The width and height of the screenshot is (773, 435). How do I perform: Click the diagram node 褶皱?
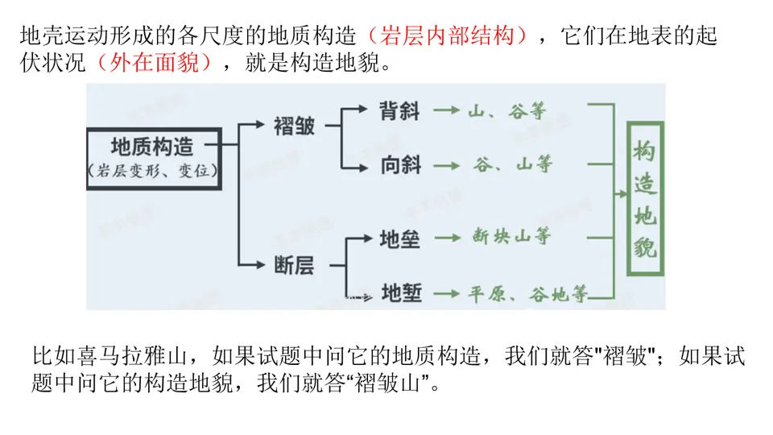294,126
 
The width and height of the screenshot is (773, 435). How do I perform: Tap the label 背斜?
400,110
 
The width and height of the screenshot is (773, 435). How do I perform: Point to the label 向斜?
400,166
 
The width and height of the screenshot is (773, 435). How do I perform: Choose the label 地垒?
400,238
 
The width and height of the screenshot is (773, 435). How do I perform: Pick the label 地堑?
401,293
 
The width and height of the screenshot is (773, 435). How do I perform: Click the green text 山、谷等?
506,110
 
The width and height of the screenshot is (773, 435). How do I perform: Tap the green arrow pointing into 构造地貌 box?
620,194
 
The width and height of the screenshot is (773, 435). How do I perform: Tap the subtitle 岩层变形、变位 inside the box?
152,171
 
